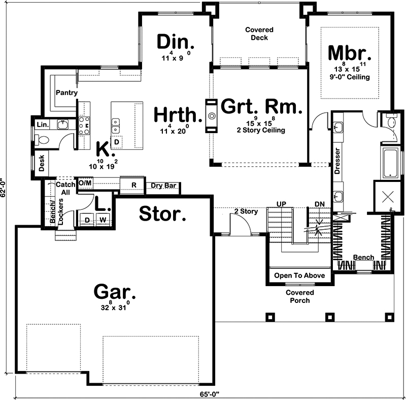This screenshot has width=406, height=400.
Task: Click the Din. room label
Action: (172, 41)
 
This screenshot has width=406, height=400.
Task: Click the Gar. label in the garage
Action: (115, 292)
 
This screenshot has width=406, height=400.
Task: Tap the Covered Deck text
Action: (259, 34)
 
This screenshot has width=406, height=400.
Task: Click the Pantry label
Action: (67, 93)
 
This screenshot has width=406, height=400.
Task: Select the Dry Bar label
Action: (164, 186)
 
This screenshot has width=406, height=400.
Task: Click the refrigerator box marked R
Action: (134, 184)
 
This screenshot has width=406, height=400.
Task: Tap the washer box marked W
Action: (103, 220)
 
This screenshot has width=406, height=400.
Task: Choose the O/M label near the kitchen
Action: (85, 183)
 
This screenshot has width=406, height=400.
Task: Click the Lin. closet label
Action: (42, 125)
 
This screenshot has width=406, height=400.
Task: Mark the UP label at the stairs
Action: (281, 204)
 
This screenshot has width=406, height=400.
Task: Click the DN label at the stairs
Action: (319, 204)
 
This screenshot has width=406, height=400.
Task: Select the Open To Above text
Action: (299, 275)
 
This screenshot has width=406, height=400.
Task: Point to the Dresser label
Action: (337, 162)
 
